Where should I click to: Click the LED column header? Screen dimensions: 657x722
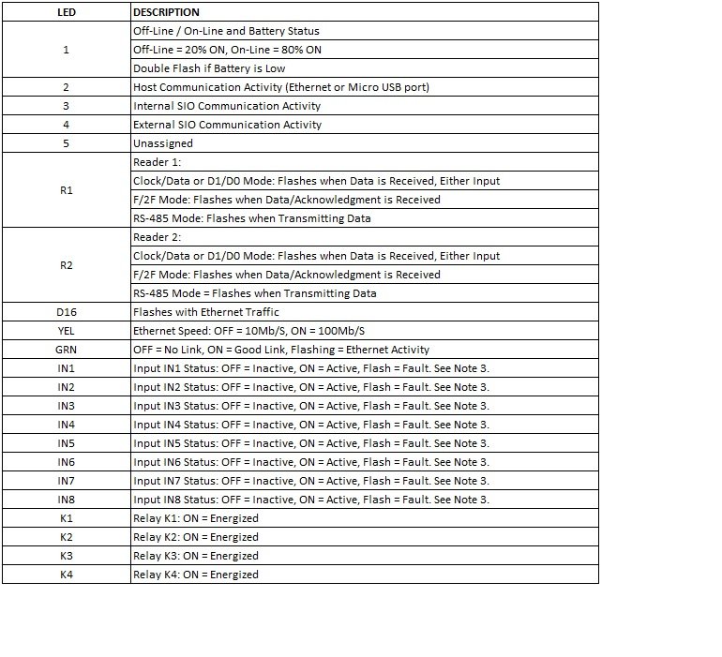point(66,12)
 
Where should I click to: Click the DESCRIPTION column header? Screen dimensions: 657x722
point(166,12)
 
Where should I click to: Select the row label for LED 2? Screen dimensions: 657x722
point(66,87)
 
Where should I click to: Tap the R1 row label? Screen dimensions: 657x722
point(66,190)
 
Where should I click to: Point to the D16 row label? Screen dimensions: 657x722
point(66,312)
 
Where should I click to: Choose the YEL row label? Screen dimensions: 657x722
point(66,331)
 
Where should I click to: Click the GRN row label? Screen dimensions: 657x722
point(66,350)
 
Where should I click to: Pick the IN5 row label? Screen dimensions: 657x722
point(66,443)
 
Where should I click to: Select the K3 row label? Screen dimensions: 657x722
point(66,556)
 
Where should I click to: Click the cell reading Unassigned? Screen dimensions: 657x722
point(163,143)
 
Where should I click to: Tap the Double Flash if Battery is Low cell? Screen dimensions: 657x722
point(209,68)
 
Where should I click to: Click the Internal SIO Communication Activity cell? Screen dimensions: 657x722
point(227,106)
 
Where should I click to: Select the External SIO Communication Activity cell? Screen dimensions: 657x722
point(227,125)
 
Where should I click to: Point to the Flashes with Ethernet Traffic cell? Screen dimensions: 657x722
point(206,312)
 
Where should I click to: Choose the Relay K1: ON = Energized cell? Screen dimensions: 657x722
point(196,518)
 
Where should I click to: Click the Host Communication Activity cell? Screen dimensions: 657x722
point(281,87)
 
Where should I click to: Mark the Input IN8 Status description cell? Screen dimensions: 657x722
point(311,500)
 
